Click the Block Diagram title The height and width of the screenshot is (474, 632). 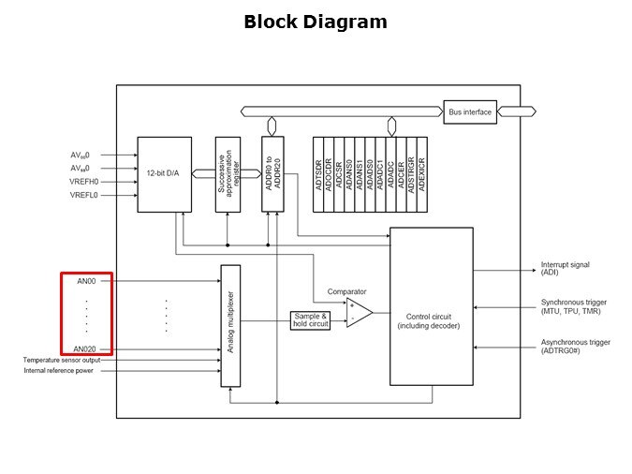[x=315, y=22]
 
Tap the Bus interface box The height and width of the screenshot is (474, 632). [x=470, y=112]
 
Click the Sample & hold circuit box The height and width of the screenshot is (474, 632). [x=311, y=320]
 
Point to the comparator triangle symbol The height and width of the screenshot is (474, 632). [x=358, y=313]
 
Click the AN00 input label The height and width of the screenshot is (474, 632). [x=86, y=281]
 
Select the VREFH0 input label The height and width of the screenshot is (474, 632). [x=83, y=182]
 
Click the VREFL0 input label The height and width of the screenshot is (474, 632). [x=83, y=195]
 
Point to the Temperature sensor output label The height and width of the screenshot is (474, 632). [x=62, y=360]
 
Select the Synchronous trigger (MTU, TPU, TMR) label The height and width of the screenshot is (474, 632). [x=574, y=307]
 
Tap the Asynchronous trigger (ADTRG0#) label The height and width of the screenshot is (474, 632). [x=575, y=347]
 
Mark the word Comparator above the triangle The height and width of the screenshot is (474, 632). [x=346, y=292]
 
